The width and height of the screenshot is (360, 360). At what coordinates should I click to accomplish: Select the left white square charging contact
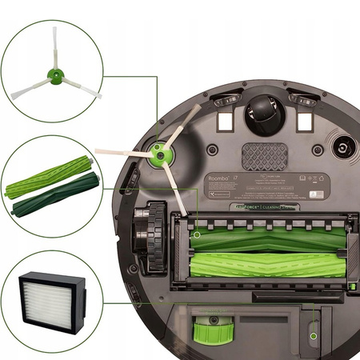click(x=225, y=120)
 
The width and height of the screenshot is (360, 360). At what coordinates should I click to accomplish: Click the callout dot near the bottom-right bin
click(x=314, y=336)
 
